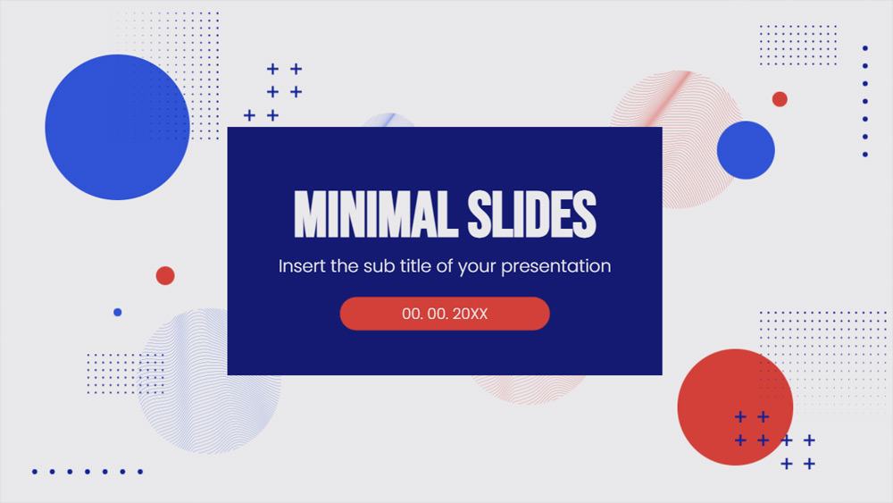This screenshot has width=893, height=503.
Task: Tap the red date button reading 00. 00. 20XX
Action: coord(445,314)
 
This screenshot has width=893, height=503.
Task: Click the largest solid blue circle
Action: coord(117,127)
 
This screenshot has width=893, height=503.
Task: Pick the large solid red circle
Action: coord(735,407)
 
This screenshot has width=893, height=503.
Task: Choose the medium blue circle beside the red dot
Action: coord(746,150)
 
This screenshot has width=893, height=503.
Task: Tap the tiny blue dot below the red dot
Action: coord(117,312)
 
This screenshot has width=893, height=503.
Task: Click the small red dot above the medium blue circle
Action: coord(780,99)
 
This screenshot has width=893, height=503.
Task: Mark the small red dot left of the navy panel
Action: coord(165,275)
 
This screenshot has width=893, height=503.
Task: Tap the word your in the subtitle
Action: coord(476,266)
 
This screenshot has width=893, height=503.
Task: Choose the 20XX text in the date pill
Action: coord(471,314)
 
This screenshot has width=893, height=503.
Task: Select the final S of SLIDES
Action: coord(584,214)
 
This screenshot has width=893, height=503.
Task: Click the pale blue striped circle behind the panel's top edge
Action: coord(388,121)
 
